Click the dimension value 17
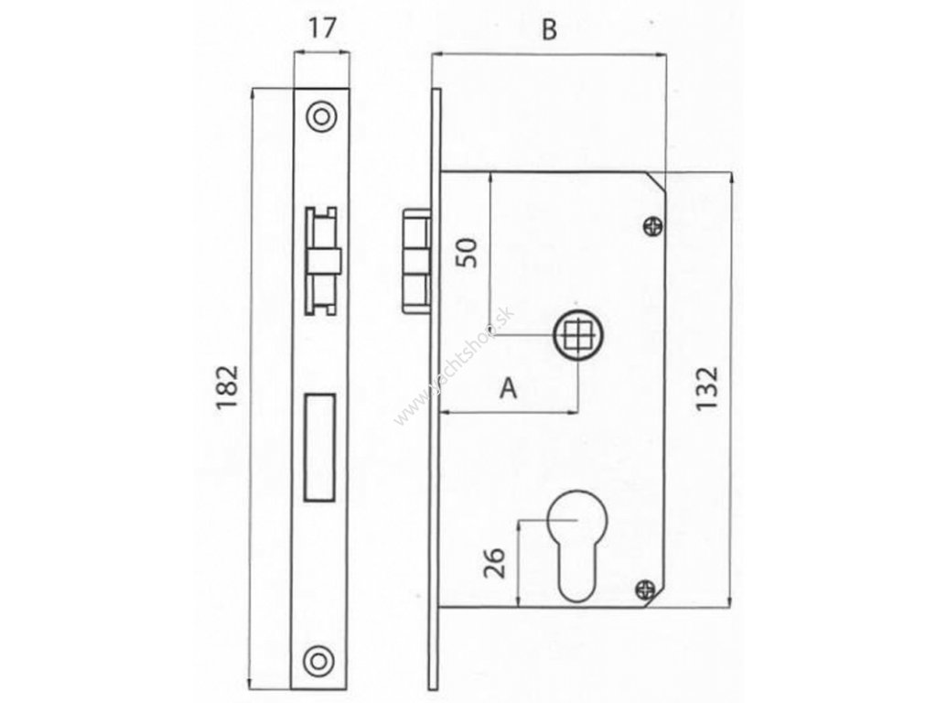[321, 28]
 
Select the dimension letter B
[548, 30]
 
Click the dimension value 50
[467, 251]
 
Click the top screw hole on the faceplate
[320, 116]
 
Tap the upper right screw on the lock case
[652, 224]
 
